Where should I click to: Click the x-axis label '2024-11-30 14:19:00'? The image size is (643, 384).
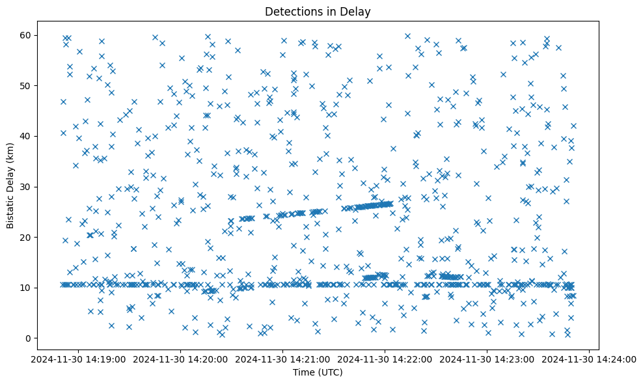pyautogui.click(x=78, y=359)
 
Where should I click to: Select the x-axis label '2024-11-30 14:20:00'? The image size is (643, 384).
pyautogui.click(x=180, y=359)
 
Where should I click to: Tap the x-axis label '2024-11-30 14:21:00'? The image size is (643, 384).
pyautogui.click(x=282, y=359)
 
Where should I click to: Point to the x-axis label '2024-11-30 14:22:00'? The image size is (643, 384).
pyautogui.click(x=385, y=359)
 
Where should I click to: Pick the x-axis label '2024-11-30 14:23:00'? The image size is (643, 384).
pyautogui.click(x=487, y=359)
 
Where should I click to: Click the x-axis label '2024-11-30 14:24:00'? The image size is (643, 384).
pyautogui.click(x=589, y=359)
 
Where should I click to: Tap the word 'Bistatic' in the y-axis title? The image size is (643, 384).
pyautogui.click(x=10, y=212)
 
